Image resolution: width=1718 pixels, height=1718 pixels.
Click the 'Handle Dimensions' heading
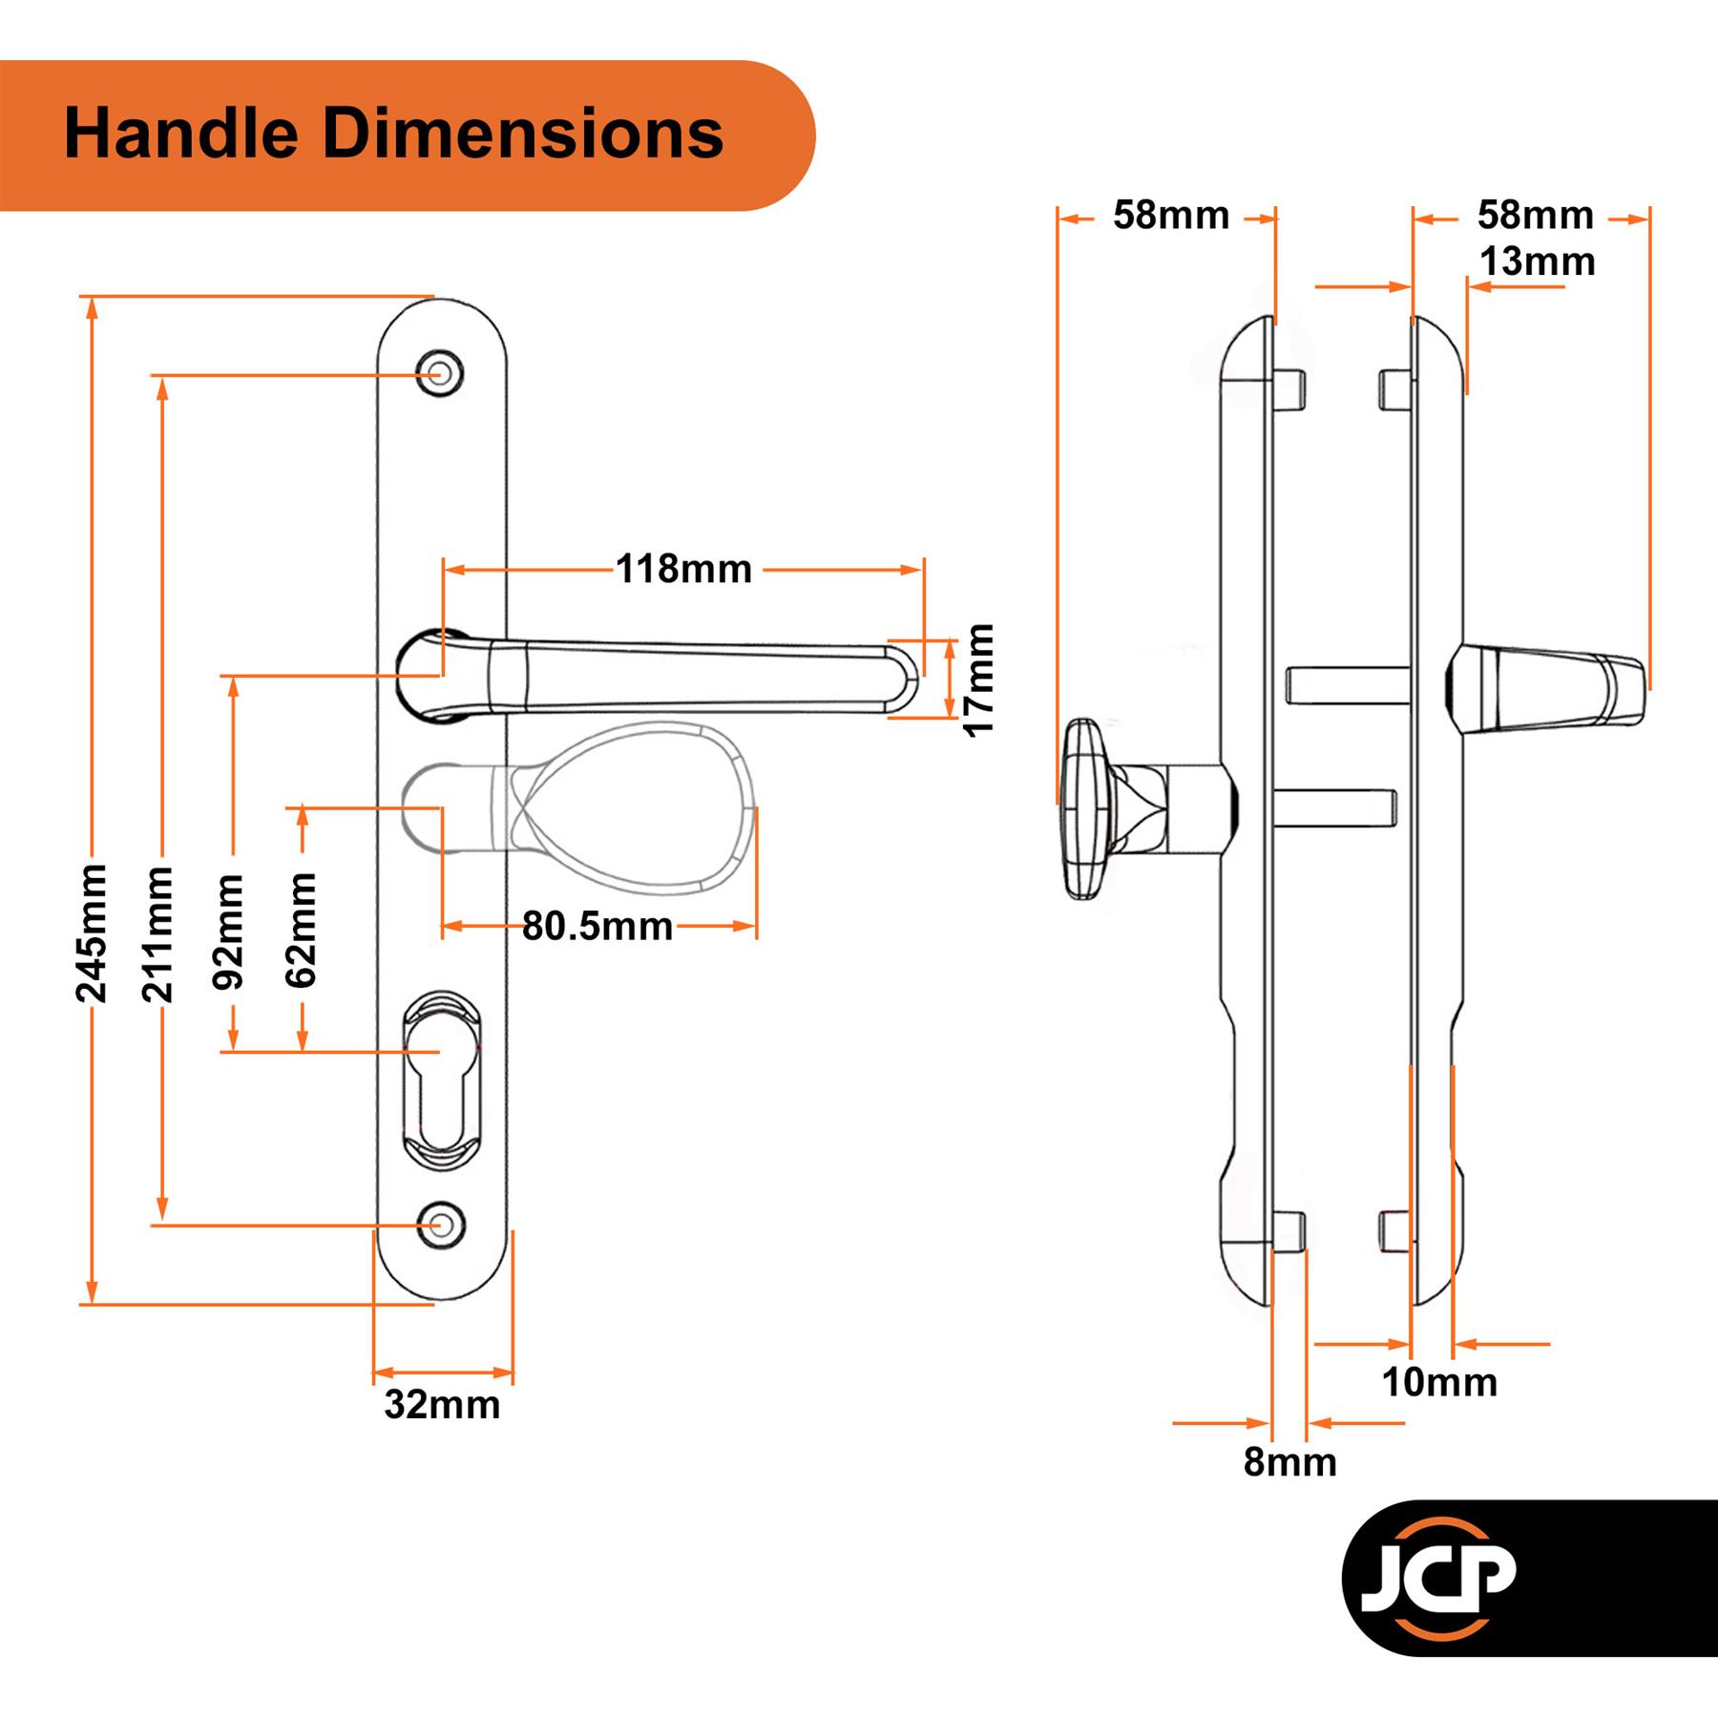coord(393,134)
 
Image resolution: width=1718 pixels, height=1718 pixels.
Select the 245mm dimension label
coord(92,934)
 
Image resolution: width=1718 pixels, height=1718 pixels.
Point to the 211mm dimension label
coord(158,934)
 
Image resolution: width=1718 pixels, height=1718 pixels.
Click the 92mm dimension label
coord(229,932)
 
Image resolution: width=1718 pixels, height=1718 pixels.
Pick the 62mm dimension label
coord(301,930)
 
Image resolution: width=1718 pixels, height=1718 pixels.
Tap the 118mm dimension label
coord(683,570)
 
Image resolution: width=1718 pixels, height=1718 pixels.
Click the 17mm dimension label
coord(978,680)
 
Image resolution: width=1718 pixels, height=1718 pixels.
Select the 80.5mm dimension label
coord(597,927)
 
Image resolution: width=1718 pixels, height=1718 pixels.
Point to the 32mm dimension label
coord(442,1405)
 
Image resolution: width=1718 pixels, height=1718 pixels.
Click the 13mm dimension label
coord(1537,262)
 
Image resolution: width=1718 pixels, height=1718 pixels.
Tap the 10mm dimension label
coord(1439,1382)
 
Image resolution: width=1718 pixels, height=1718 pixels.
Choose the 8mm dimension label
coord(1289,1462)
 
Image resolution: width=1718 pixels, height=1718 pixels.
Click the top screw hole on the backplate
coord(440,372)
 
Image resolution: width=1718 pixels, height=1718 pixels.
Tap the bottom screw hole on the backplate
coord(440,1225)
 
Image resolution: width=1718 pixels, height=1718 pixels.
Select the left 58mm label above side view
coord(1171,216)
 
